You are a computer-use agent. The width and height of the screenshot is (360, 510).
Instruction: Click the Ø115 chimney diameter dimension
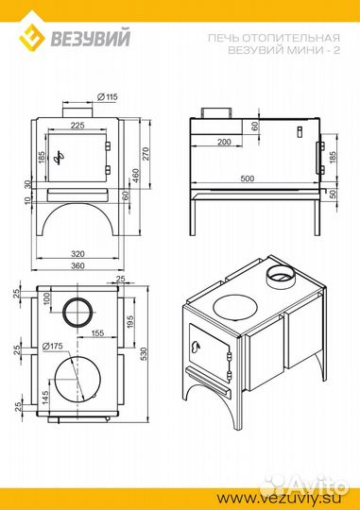pos(107,97)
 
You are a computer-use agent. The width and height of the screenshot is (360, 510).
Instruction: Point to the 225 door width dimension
pos(77,125)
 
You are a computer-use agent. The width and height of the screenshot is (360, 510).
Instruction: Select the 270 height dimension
pos(146,154)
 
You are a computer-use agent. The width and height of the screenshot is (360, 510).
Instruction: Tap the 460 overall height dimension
pos(136,176)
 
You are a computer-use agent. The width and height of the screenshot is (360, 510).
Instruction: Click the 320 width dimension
pos(77,253)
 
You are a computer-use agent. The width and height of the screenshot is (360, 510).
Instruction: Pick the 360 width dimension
pos(77,265)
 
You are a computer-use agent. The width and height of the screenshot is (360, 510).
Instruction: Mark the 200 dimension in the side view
pos(224,142)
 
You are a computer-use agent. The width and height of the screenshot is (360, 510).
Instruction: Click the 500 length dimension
pos(248,178)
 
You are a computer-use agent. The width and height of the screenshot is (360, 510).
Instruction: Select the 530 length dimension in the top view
pos(144,354)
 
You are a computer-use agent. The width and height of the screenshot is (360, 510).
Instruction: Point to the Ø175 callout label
pos(53,346)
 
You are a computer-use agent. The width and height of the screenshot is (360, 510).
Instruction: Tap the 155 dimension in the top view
pos(97,332)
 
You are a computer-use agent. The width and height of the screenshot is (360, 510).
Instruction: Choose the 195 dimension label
pos(129,322)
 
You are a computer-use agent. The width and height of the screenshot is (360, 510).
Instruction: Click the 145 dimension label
pos(45,397)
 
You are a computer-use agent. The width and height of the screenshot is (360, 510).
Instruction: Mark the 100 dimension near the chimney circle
pos(47,298)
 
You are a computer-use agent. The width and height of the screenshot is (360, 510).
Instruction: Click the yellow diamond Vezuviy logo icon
pos(31,36)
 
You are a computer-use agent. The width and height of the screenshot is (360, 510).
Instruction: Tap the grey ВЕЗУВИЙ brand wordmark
pos(90,38)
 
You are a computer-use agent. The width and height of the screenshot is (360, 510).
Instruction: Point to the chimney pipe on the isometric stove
pos(281,276)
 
